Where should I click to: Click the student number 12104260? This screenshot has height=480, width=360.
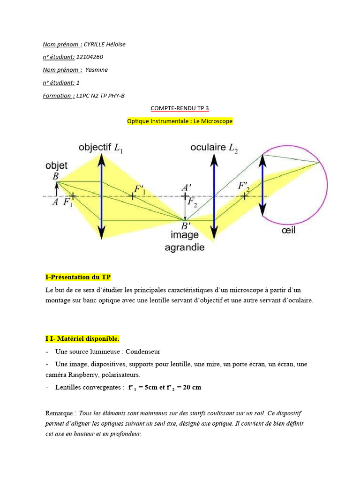(90, 57)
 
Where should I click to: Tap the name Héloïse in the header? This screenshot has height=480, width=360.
(115, 45)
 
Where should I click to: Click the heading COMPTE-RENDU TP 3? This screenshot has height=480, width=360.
(180, 108)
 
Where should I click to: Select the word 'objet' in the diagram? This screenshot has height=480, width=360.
(56, 165)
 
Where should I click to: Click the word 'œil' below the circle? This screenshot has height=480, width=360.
(289, 231)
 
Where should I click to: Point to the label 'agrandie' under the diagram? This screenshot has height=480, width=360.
(185, 247)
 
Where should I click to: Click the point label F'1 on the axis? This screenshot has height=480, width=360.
(140, 190)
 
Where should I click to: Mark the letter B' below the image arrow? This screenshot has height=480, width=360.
(186, 226)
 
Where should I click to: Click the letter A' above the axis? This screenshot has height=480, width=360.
(186, 188)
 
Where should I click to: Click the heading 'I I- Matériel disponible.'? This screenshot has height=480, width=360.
(82, 338)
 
